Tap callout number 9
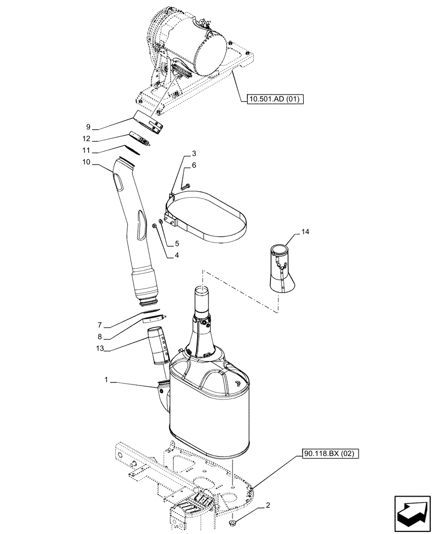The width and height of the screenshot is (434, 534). point(88,127)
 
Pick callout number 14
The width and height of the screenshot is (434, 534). point(305,232)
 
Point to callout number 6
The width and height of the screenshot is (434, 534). point(194,166)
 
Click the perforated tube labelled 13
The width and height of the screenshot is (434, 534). point(158,345)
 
